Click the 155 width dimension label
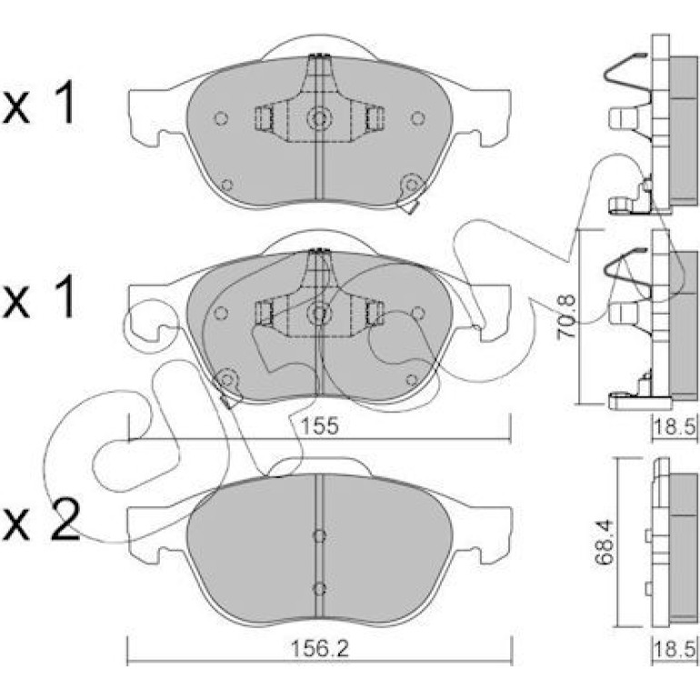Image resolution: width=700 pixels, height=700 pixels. point(320,425)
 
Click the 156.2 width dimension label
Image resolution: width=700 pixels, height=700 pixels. point(319,648)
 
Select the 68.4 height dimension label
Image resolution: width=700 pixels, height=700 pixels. point(605,542)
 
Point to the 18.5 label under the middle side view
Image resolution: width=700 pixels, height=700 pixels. point(675,427)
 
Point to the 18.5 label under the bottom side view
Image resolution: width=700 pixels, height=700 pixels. point(675,648)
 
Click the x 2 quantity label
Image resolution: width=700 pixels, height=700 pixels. point(41,521)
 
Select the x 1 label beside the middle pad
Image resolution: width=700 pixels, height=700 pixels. point(39,296)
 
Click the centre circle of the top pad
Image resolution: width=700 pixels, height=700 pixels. point(319,118)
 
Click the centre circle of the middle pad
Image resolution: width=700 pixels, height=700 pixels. point(319,313)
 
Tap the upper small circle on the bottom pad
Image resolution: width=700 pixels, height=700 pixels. point(319,535)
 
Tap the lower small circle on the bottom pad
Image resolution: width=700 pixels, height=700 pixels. point(319,589)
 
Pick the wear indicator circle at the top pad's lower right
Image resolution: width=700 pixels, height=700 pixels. point(412,185)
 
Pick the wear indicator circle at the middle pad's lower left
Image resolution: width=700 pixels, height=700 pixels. point(226,380)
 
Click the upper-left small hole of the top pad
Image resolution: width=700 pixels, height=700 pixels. point(222,118)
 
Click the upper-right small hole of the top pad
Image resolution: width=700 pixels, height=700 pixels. point(417,118)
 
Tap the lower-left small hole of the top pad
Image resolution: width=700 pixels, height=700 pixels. point(226,185)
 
